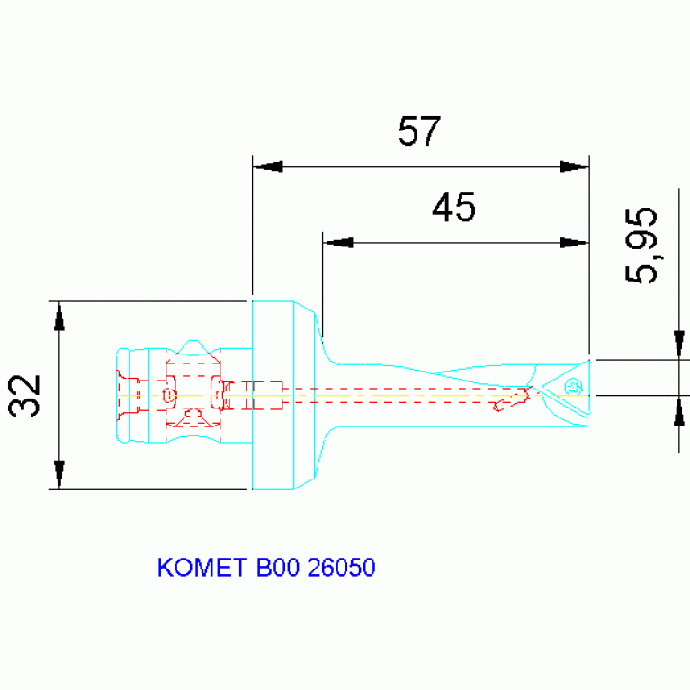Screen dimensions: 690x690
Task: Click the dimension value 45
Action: click(453, 209)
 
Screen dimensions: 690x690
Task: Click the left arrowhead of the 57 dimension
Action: click(268, 166)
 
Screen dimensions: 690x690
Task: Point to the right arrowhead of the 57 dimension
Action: click(573, 166)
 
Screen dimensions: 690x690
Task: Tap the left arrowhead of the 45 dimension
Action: click(338, 243)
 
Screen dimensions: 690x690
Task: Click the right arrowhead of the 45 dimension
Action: click(573, 243)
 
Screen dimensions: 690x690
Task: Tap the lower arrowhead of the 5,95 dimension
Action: click(679, 411)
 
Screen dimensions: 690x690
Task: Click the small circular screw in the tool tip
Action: click(571, 387)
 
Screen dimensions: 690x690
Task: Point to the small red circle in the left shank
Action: click(169, 395)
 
